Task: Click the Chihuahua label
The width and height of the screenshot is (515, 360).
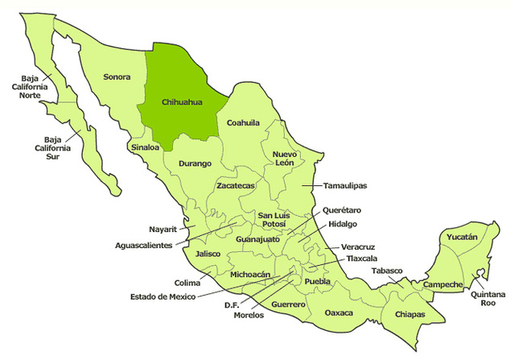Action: (181, 102)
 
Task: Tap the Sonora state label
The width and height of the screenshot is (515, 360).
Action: (117, 77)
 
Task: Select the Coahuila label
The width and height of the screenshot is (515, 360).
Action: (243, 122)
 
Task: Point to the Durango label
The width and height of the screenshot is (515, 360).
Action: (194, 163)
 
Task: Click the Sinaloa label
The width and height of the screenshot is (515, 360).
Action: (145, 147)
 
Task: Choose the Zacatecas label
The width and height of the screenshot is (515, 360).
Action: (236, 186)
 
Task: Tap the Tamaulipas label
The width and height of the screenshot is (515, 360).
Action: (345, 185)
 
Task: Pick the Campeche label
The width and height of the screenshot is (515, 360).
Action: (443, 284)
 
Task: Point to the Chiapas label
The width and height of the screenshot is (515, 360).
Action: (410, 314)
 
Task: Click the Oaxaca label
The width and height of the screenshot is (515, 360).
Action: (340, 312)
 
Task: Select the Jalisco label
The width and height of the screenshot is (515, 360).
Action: (208, 253)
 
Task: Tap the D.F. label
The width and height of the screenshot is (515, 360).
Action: (233, 304)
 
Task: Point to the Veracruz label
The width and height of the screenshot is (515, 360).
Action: (357, 247)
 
